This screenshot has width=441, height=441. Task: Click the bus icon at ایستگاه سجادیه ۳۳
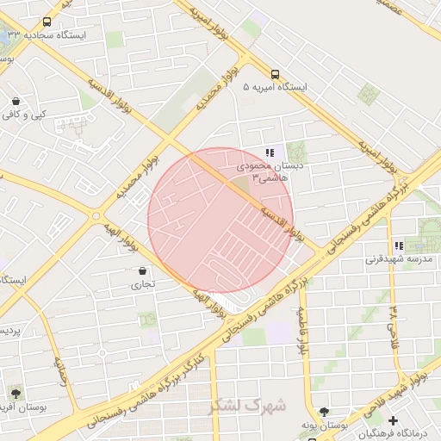[x=46, y=22]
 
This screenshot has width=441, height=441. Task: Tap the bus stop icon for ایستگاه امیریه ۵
[x=275, y=74]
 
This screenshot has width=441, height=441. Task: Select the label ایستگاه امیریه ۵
[x=275, y=88]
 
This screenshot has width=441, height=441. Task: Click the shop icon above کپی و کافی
[x=16, y=101]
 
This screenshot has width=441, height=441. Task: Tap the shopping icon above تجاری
[x=142, y=270]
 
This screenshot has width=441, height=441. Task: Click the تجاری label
[x=142, y=283]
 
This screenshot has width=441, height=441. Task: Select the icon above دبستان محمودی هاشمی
[x=270, y=152]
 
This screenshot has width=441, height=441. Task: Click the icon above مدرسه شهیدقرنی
[x=398, y=245]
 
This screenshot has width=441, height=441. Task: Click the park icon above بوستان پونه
[x=324, y=413]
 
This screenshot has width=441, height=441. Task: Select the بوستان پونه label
[x=324, y=425]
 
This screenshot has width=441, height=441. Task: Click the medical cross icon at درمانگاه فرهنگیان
[x=394, y=421]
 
